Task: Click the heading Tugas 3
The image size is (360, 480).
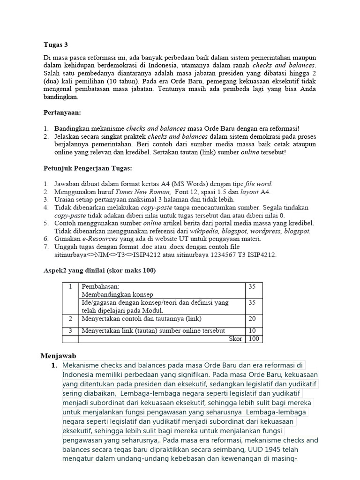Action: point(55,45)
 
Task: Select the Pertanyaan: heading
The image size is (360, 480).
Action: point(62,113)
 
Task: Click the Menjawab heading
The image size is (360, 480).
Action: point(59,356)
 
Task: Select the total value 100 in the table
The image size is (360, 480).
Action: point(253,339)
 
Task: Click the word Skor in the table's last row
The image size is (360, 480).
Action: point(235,339)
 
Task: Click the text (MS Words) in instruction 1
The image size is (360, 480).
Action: point(187,184)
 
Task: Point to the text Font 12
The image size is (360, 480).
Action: point(186,192)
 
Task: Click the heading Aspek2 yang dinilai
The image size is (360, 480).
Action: point(100,270)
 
